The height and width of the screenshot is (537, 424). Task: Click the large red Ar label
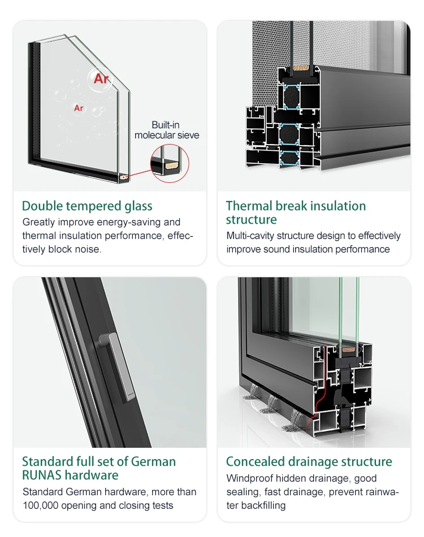(101, 78)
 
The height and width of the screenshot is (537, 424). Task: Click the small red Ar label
(79, 108)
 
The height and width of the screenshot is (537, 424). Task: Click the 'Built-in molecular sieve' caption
(167, 130)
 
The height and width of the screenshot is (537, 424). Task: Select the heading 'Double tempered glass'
(87, 206)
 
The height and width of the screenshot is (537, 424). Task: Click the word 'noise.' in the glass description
(88, 249)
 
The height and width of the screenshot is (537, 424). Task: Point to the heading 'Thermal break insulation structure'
(296, 213)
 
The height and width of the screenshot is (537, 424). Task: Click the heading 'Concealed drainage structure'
(309, 461)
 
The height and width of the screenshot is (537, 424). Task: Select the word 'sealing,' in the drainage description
(242, 492)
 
